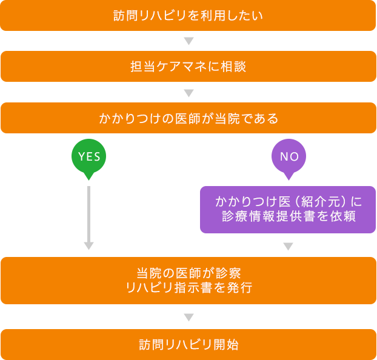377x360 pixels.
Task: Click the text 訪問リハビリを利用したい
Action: pos(189,16)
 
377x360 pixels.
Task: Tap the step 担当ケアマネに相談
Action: pos(189,67)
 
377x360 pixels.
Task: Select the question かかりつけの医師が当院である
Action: pos(189,119)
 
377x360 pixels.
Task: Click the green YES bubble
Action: pos(89,156)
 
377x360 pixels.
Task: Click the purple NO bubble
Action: pos(289,156)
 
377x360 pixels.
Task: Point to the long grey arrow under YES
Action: pos(89,215)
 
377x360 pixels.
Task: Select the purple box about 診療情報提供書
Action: pos(287,209)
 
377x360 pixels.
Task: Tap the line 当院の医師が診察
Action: pos(189,273)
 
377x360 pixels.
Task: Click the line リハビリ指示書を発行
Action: pos(189,288)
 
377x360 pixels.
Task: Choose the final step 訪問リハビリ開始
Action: pos(189,345)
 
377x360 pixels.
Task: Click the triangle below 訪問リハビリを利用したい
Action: pos(189,41)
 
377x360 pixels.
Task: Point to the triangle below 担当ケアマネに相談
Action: pos(189,93)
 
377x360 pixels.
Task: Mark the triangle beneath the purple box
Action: pos(288,247)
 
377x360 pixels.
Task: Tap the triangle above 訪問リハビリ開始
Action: pos(189,318)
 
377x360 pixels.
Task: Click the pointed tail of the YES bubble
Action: pos(89,176)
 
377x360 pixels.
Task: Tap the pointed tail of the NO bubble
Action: pos(289,176)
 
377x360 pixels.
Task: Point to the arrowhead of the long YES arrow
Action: pos(89,246)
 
